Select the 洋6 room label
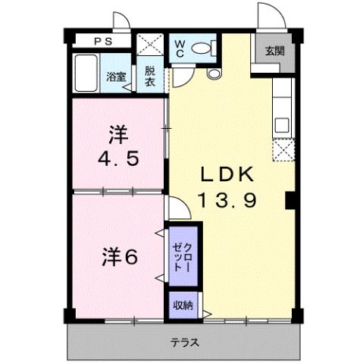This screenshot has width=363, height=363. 120,257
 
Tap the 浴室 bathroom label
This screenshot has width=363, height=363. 115,77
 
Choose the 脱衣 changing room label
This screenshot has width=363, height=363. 150,77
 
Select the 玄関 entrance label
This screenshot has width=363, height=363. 274,52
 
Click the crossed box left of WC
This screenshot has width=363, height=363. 149,45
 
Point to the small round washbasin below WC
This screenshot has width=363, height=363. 212,74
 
